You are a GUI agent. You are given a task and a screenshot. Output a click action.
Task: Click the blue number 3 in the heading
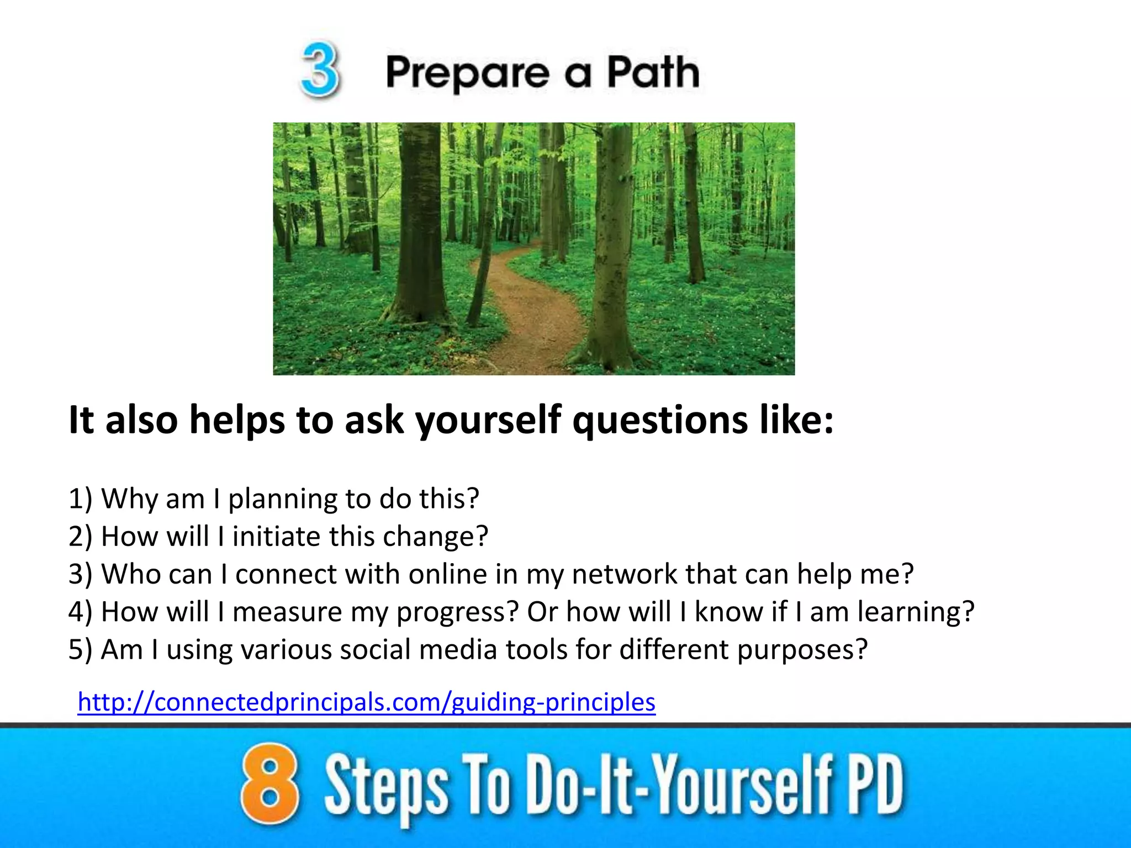(320, 71)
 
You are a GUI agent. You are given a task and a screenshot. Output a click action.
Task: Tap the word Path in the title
(653, 72)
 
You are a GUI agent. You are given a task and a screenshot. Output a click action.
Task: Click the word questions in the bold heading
(659, 421)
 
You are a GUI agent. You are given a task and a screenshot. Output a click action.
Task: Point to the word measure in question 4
(287, 612)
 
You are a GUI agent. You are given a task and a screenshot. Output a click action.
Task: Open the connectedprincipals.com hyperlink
(367, 702)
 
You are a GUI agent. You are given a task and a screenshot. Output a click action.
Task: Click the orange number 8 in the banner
(269, 784)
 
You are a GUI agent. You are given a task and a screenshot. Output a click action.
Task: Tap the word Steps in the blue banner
(385, 787)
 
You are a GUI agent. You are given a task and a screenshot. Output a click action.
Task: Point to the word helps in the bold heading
(236, 421)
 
